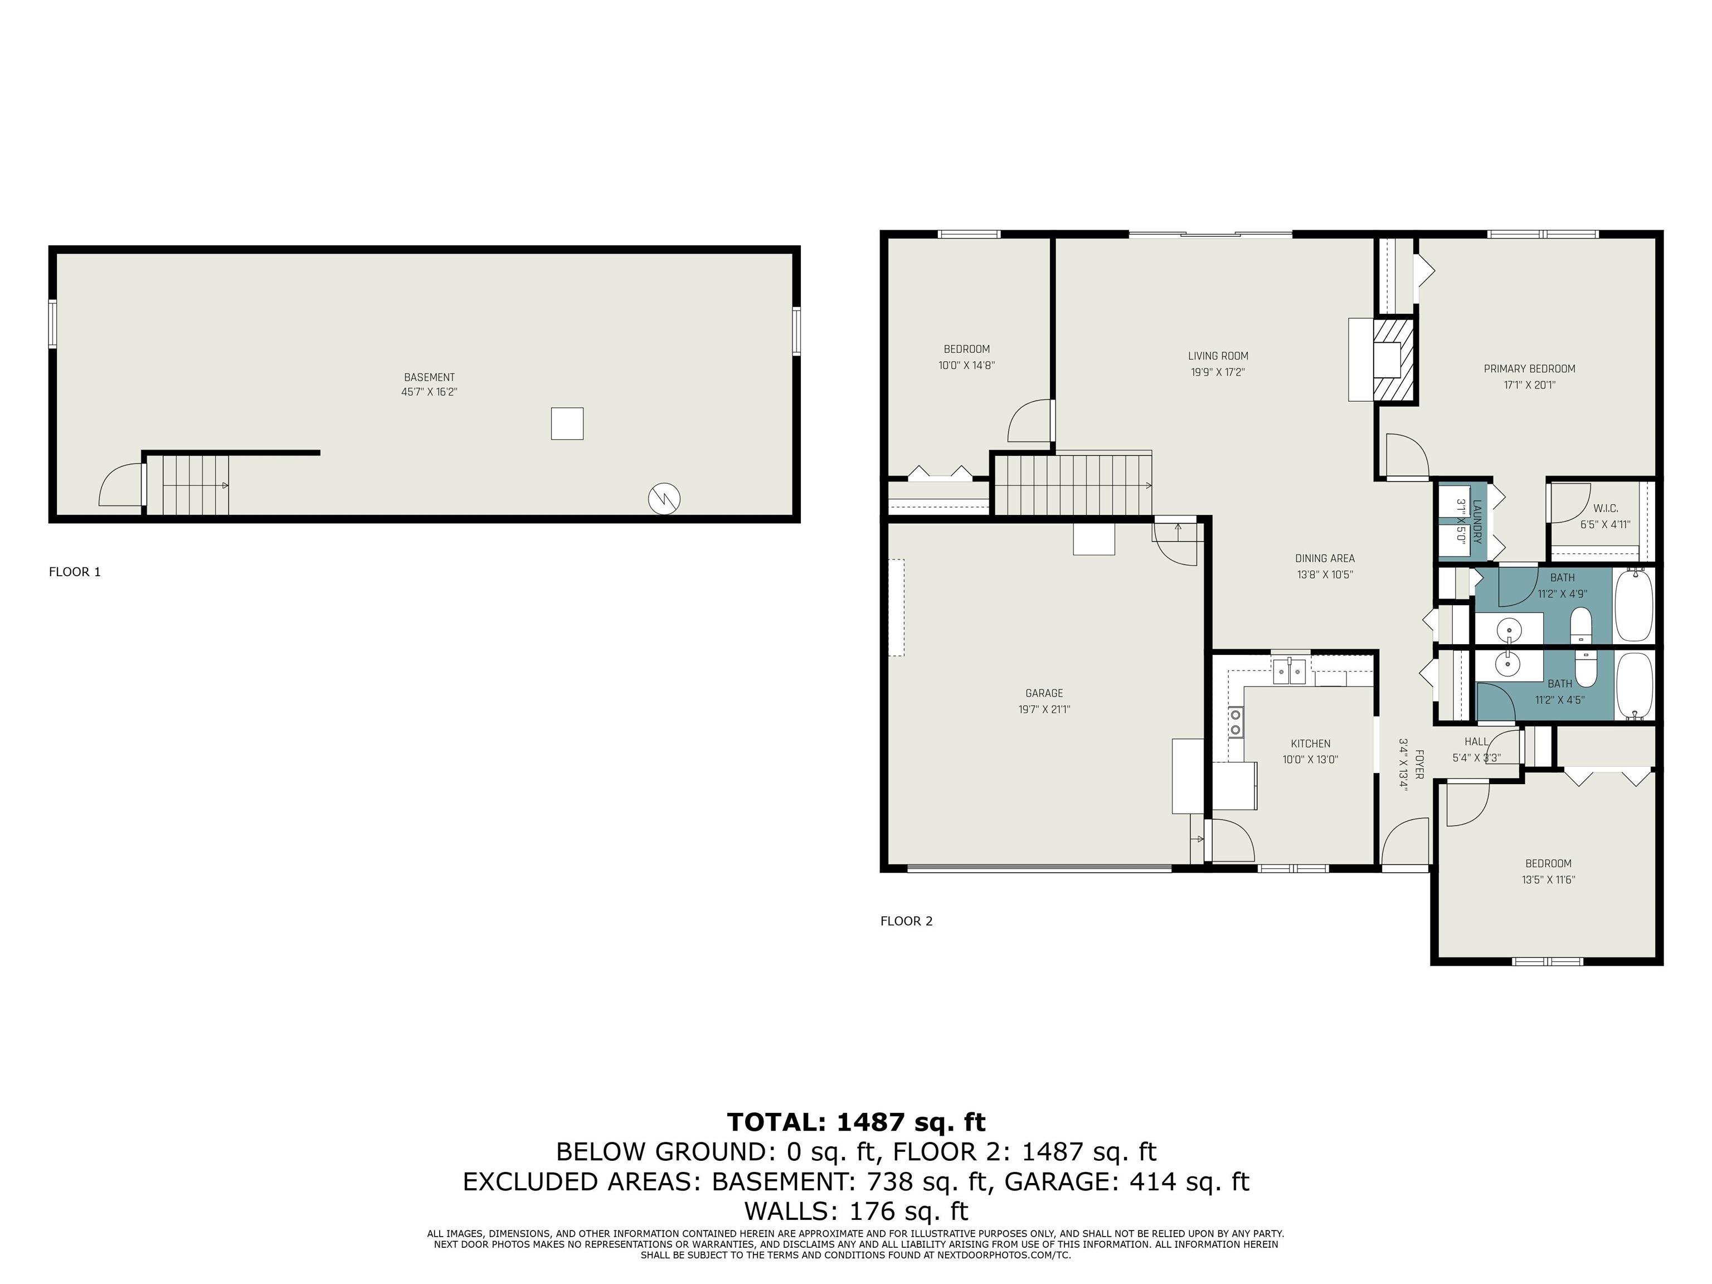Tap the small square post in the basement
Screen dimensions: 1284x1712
567,424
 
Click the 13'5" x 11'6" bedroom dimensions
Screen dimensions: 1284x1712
1548,880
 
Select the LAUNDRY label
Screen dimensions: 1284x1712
1476,521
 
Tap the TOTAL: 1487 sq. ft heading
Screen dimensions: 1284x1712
856,1122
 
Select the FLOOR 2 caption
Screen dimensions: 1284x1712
906,921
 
